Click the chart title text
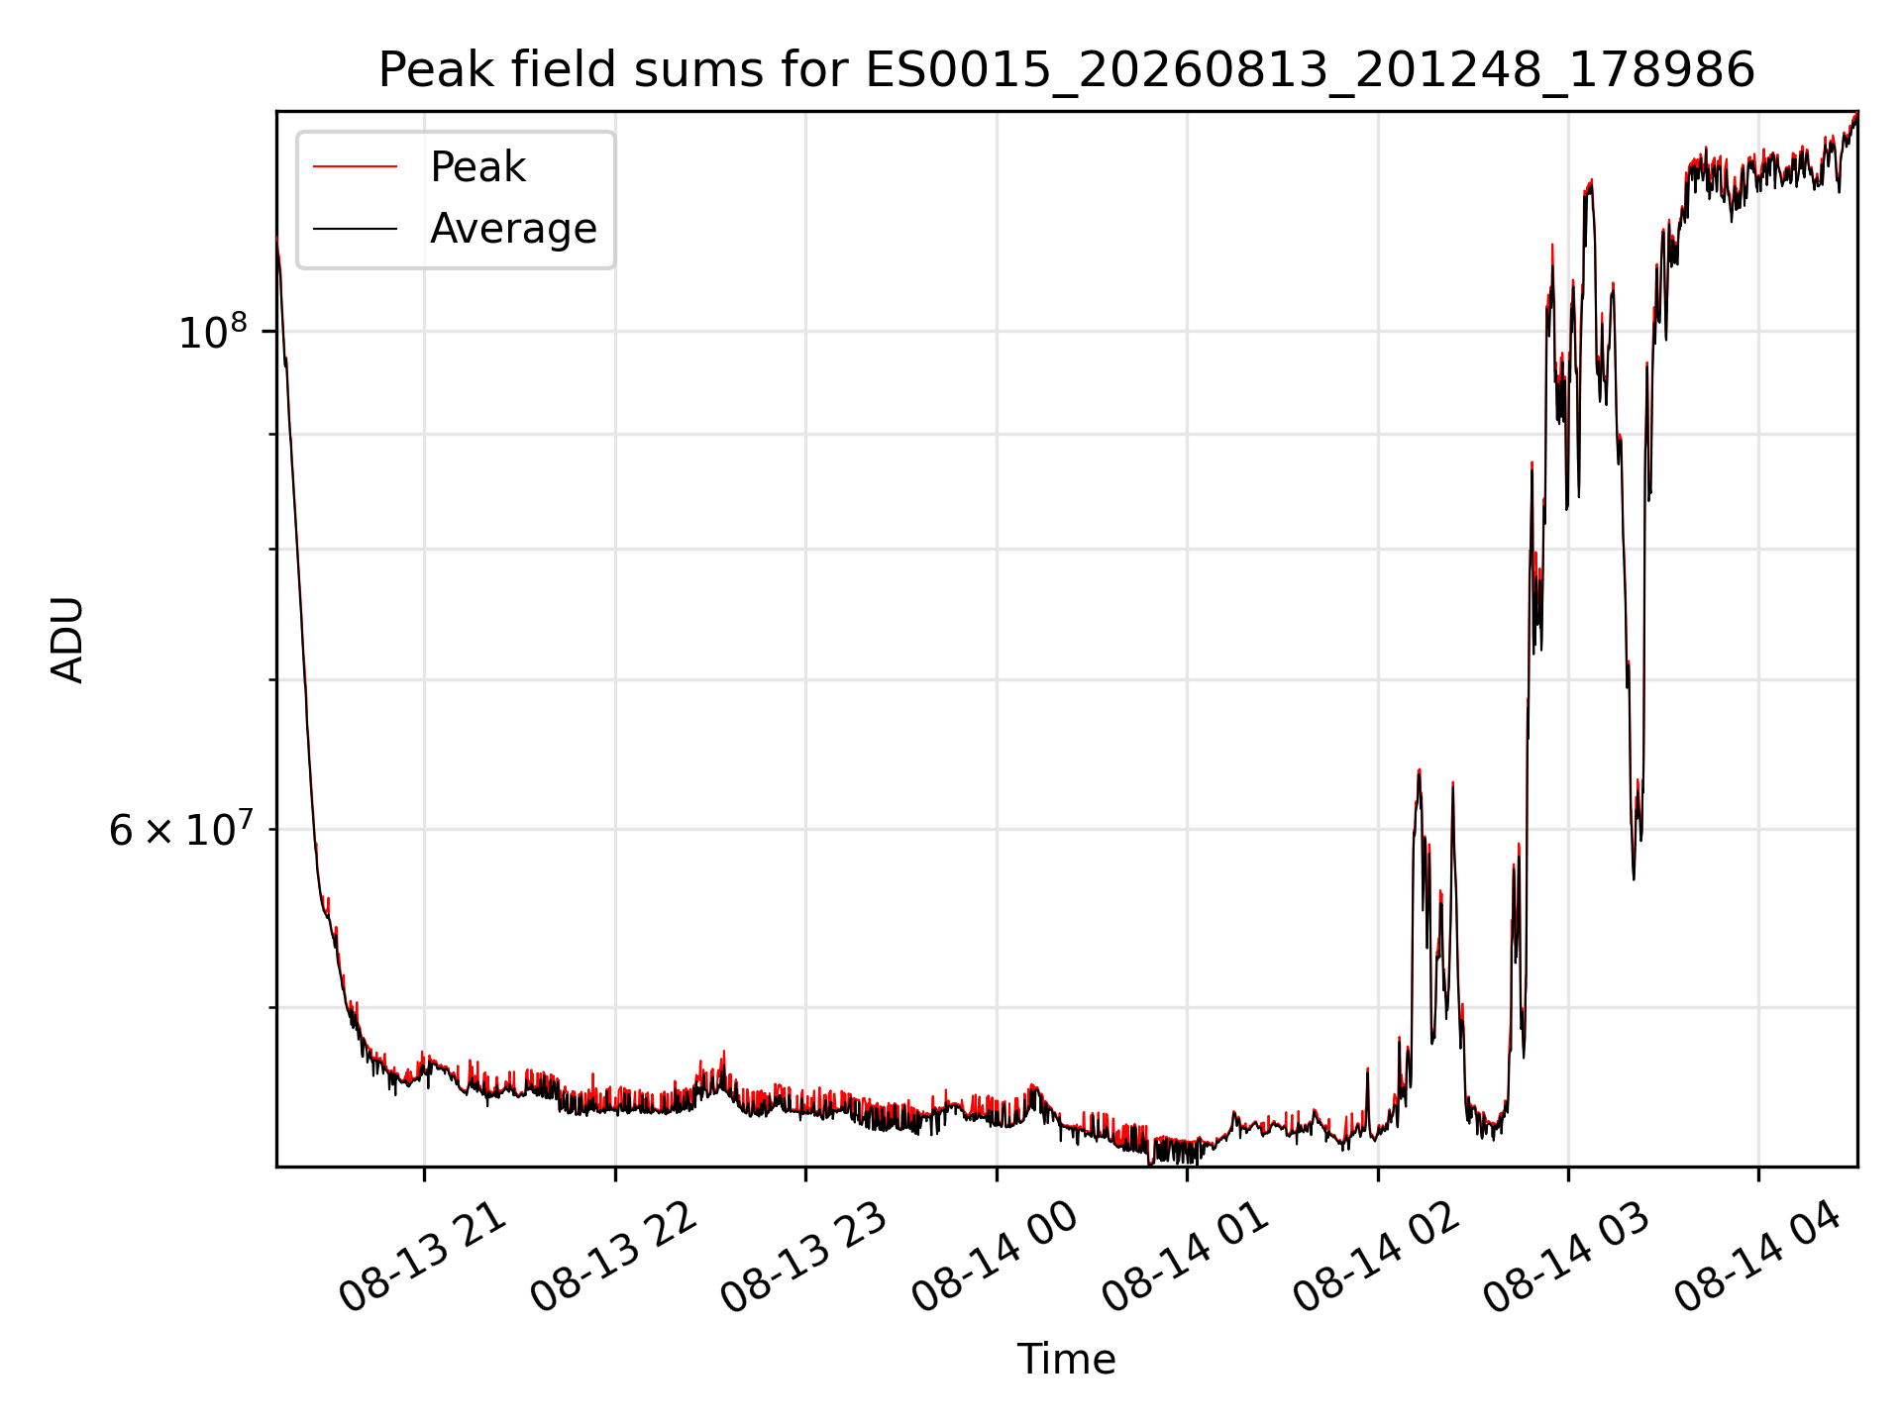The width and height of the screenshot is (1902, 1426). click(1067, 70)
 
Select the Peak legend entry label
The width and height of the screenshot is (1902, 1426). click(477, 167)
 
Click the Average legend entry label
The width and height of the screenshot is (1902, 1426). click(513, 229)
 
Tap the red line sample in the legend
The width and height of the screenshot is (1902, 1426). click(356, 167)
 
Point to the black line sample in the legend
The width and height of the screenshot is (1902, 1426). click(356, 229)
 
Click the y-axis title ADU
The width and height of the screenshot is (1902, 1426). click(67, 640)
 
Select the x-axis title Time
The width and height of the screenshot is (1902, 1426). click(1067, 1360)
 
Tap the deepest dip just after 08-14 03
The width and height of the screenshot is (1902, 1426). click(1634, 877)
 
